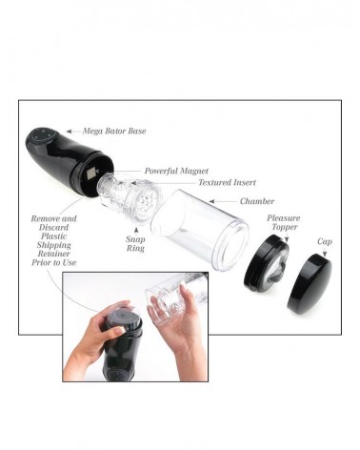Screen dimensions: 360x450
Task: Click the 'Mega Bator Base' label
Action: tap(114, 131)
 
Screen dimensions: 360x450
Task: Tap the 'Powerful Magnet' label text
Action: tap(176, 171)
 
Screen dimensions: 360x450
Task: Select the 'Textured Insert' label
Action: tap(227, 182)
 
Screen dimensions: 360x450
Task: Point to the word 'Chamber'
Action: tap(257, 201)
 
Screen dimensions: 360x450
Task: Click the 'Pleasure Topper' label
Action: tap(283, 222)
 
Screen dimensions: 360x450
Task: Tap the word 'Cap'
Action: tap(325, 242)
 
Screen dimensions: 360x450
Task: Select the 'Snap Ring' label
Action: tap(135, 243)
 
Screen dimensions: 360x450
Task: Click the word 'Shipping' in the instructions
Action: tap(53, 245)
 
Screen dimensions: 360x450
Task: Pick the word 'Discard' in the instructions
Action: tap(53, 228)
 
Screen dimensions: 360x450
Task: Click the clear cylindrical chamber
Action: tap(199, 230)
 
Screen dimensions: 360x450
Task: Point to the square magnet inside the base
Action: tap(90, 173)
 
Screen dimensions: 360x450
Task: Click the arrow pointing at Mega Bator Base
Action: tap(73, 131)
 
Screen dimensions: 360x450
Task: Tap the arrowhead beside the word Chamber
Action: tap(211, 201)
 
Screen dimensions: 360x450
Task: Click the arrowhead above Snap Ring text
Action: tap(136, 230)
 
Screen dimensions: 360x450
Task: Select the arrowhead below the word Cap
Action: tap(325, 254)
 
